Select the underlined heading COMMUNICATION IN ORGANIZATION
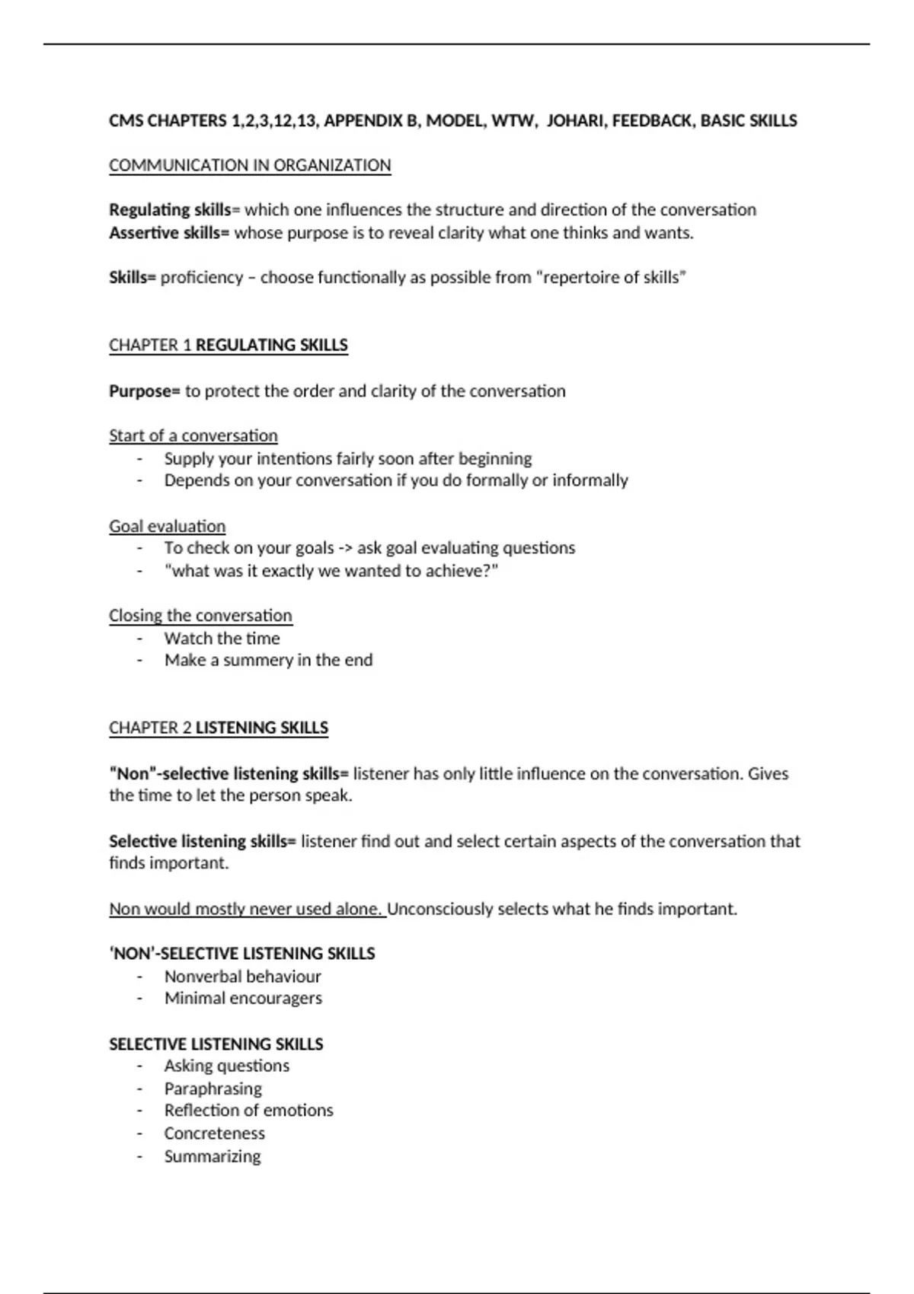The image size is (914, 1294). (x=250, y=165)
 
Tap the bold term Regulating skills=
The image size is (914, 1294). (x=174, y=209)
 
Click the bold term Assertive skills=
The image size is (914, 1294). (x=168, y=232)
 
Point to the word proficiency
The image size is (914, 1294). (x=202, y=277)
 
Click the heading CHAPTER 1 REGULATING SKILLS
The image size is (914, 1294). (x=228, y=345)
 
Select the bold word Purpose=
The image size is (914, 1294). (x=145, y=390)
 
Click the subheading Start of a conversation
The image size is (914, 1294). (x=193, y=435)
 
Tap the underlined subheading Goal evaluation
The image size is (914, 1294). (x=167, y=526)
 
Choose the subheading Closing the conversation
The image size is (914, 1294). (x=200, y=615)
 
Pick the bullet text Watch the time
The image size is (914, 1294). (x=222, y=638)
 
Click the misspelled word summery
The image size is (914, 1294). (x=257, y=660)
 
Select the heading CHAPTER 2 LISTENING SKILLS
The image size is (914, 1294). (x=219, y=728)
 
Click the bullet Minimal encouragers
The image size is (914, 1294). (x=243, y=998)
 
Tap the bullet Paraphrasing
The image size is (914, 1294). (x=213, y=1088)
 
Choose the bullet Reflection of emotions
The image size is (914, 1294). (x=248, y=1111)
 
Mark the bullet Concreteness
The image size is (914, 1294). (x=215, y=1133)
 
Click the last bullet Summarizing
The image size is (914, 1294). (x=213, y=1156)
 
